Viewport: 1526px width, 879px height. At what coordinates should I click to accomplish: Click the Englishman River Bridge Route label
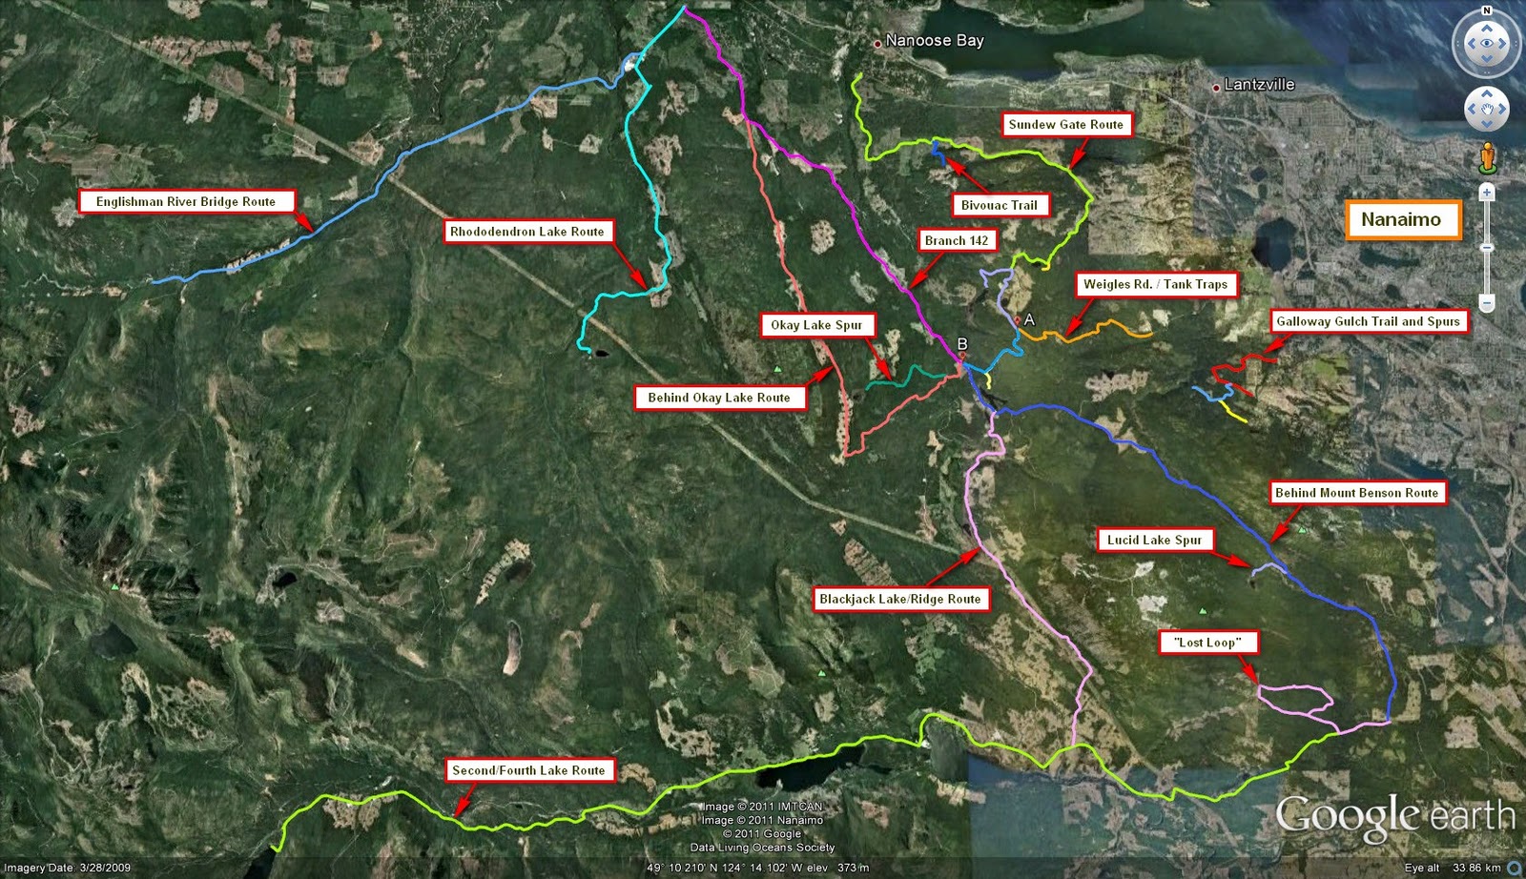(186, 202)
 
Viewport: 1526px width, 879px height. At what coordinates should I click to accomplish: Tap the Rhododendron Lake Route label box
(527, 232)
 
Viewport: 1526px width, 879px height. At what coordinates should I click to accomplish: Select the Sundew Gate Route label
(1066, 125)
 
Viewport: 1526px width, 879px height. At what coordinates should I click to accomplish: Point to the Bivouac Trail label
(1000, 205)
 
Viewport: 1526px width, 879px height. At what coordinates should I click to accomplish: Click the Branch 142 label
(957, 240)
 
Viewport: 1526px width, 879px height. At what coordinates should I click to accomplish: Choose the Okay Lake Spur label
(816, 325)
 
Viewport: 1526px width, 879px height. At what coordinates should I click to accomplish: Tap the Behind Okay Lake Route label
(719, 398)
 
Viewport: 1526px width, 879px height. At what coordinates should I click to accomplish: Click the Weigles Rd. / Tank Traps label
(1156, 284)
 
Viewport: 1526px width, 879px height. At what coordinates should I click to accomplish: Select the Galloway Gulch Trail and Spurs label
(1369, 321)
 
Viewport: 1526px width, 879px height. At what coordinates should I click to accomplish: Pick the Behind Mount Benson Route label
(1356, 493)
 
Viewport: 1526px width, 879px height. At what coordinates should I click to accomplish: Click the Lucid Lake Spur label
(1154, 540)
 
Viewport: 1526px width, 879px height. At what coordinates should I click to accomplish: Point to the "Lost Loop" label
(1207, 643)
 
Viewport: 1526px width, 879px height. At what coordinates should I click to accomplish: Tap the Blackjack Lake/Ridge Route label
(900, 599)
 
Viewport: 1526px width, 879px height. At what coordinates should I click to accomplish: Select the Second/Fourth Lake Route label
(528, 770)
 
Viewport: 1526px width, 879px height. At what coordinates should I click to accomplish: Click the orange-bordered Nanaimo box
(1401, 219)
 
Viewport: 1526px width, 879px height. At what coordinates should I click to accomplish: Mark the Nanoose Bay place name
(934, 40)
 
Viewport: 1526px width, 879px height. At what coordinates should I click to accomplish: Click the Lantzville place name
(1259, 84)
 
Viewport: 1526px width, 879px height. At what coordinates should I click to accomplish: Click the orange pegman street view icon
(1487, 157)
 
